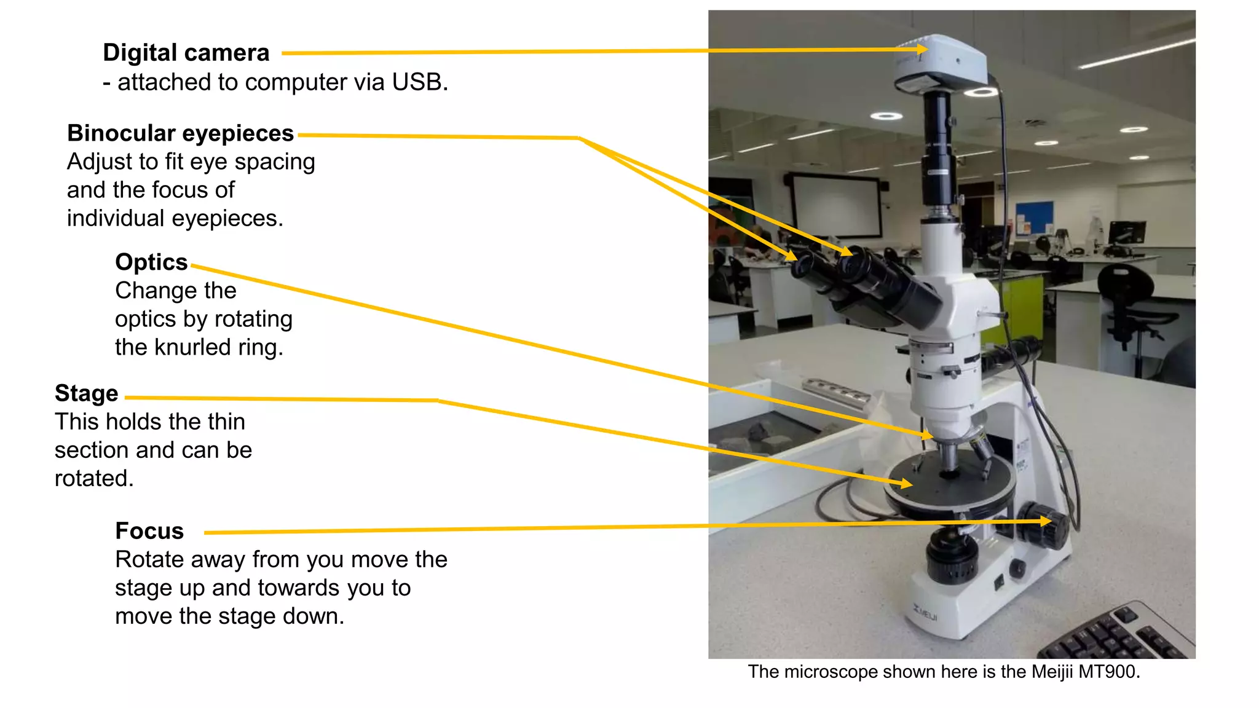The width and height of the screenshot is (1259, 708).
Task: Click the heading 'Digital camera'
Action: (x=186, y=53)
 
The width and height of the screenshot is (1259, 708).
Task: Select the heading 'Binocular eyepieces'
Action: (x=180, y=133)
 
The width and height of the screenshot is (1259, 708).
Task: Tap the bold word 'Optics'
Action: (x=151, y=262)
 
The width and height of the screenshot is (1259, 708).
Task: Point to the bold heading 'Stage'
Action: (x=86, y=393)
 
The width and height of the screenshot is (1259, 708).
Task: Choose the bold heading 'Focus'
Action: (x=149, y=531)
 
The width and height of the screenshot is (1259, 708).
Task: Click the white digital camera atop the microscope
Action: (x=941, y=61)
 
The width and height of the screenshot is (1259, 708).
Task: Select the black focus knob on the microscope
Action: (x=1044, y=525)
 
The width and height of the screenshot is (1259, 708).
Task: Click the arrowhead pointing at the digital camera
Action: (x=922, y=49)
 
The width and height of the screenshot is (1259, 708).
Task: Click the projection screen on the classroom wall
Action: (x=836, y=206)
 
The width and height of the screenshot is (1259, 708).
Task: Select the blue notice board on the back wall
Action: (x=1034, y=216)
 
